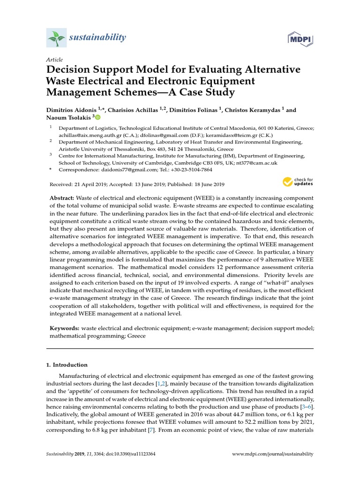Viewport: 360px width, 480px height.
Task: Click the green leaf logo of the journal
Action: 56,37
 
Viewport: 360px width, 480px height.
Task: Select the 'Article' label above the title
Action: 54,60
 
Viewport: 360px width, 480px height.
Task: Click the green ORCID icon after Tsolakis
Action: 97,117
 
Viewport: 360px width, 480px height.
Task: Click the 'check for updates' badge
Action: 298,181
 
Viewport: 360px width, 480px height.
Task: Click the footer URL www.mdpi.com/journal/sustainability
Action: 273,454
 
